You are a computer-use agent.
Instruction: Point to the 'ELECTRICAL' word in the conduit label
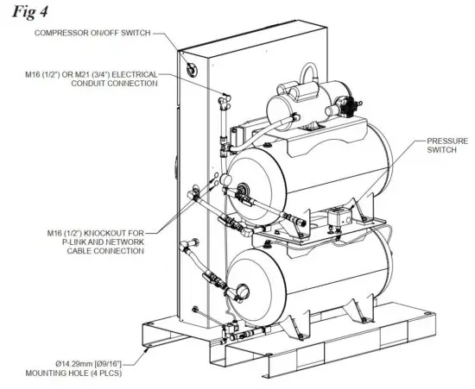tap(136, 76)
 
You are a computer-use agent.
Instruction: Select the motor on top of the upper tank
tap(298, 104)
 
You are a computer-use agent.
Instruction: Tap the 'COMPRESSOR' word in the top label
tap(60, 33)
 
